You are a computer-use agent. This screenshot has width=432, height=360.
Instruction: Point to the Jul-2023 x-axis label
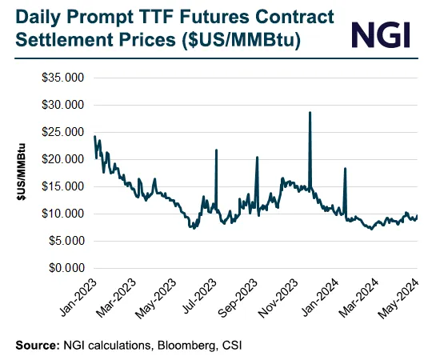click(200, 296)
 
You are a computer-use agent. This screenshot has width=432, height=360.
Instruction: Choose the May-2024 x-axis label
click(402, 296)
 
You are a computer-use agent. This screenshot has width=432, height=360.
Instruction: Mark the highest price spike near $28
click(310, 113)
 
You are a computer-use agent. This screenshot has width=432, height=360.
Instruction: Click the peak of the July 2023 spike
click(216, 150)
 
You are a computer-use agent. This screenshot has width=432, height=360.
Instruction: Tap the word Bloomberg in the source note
click(169, 345)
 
